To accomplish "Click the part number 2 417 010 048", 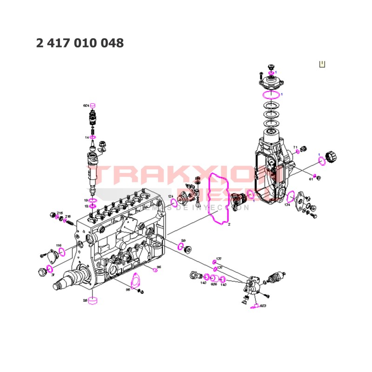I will (80, 43).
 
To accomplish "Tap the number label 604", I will (86, 106).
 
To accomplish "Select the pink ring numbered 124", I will (174, 203).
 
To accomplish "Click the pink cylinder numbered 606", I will (214, 278).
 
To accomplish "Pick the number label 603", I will (263, 306).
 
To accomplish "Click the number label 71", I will (295, 147).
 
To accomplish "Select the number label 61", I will (311, 179).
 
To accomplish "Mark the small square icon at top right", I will (322, 64).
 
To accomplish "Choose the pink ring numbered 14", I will (93, 137).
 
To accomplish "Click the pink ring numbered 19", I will (93, 200).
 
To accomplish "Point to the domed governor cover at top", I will (271, 84).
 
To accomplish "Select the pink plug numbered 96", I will (154, 269).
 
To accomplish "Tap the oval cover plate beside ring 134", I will (304, 200).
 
